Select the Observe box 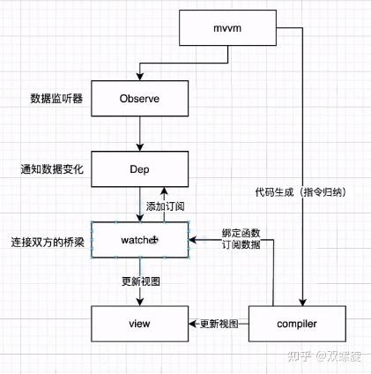pyautogui.click(x=139, y=99)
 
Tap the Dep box pyautogui.click(x=139, y=168)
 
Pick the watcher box pyautogui.click(x=139, y=239)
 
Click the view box pyautogui.click(x=139, y=324)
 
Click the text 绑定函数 pyautogui.click(x=241, y=233)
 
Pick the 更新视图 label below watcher pyautogui.click(x=140, y=281)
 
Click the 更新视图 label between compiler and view pyautogui.click(x=219, y=323)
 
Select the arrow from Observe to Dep pyautogui.click(x=139, y=133)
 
